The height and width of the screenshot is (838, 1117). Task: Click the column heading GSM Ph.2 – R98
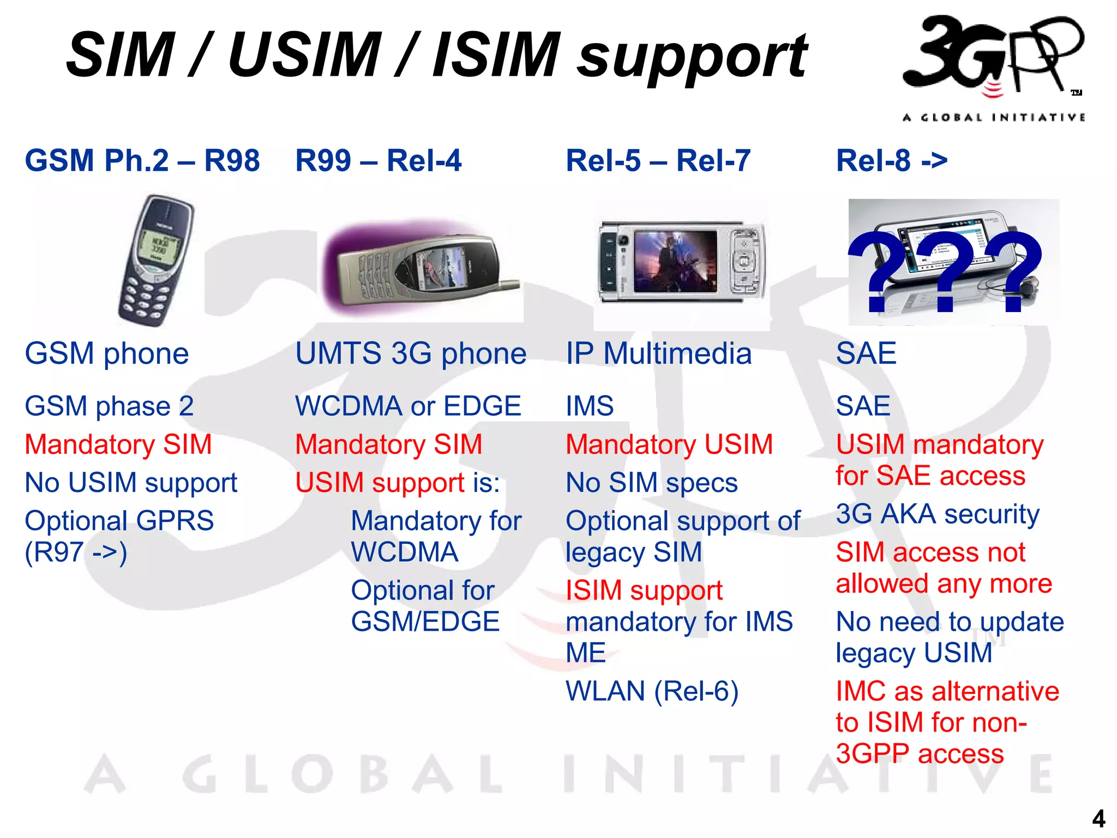[142, 161]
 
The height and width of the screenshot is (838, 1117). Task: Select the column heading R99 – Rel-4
[378, 161]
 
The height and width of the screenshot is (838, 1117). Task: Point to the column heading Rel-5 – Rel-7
[658, 161]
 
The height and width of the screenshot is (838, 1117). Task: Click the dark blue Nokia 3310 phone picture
[155, 261]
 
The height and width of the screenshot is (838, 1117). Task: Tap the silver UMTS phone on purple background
[420, 267]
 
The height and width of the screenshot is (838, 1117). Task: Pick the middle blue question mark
[946, 270]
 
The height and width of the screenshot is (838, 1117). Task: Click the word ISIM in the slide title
[496, 55]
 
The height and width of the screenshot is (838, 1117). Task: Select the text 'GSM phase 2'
[109, 406]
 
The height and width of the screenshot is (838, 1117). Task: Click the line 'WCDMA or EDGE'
[408, 406]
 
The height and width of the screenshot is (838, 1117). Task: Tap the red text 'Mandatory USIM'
[669, 445]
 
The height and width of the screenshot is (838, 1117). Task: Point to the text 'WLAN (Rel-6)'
[652, 691]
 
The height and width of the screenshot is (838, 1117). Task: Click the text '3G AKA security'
[938, 514]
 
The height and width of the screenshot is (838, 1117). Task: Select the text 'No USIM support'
[131, 483]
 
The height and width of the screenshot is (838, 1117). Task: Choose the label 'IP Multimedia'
[658, 354]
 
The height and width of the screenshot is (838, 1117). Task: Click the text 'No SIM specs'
[651, 483]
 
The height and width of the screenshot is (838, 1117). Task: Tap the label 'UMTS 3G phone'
[411, 354]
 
